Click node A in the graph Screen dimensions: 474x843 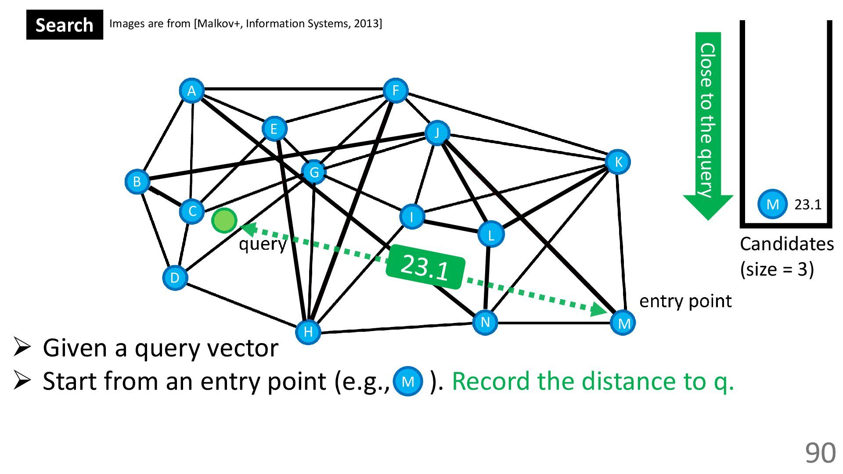191,91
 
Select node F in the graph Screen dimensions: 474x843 395,91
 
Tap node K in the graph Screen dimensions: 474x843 618,162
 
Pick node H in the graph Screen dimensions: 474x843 308,331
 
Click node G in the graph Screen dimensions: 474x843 314,172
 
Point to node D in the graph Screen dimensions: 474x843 175,277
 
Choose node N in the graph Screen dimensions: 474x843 485,322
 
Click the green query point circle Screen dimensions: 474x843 224,220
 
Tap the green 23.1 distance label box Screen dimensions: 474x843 425,267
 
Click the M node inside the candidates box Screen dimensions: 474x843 772,204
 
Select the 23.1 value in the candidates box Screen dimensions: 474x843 808,205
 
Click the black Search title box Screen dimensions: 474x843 65,25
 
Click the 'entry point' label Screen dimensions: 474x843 685,301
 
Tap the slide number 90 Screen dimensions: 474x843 820,453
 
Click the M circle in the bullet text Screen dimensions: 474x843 408,381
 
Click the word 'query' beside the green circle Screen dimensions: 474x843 263,244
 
